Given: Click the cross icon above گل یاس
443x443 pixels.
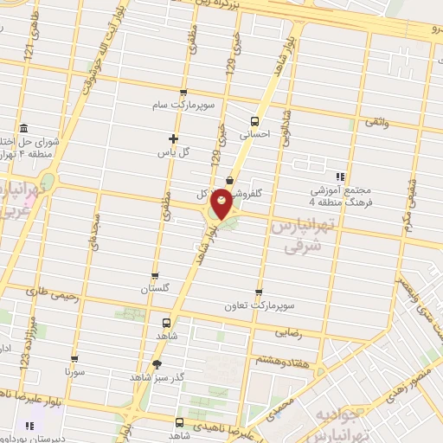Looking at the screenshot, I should coord(173,138).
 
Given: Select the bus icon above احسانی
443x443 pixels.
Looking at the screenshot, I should coord(254,121).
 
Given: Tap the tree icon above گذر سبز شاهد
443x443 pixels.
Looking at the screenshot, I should coord(157,364).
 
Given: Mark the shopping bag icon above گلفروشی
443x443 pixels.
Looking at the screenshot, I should coord(228,180).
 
